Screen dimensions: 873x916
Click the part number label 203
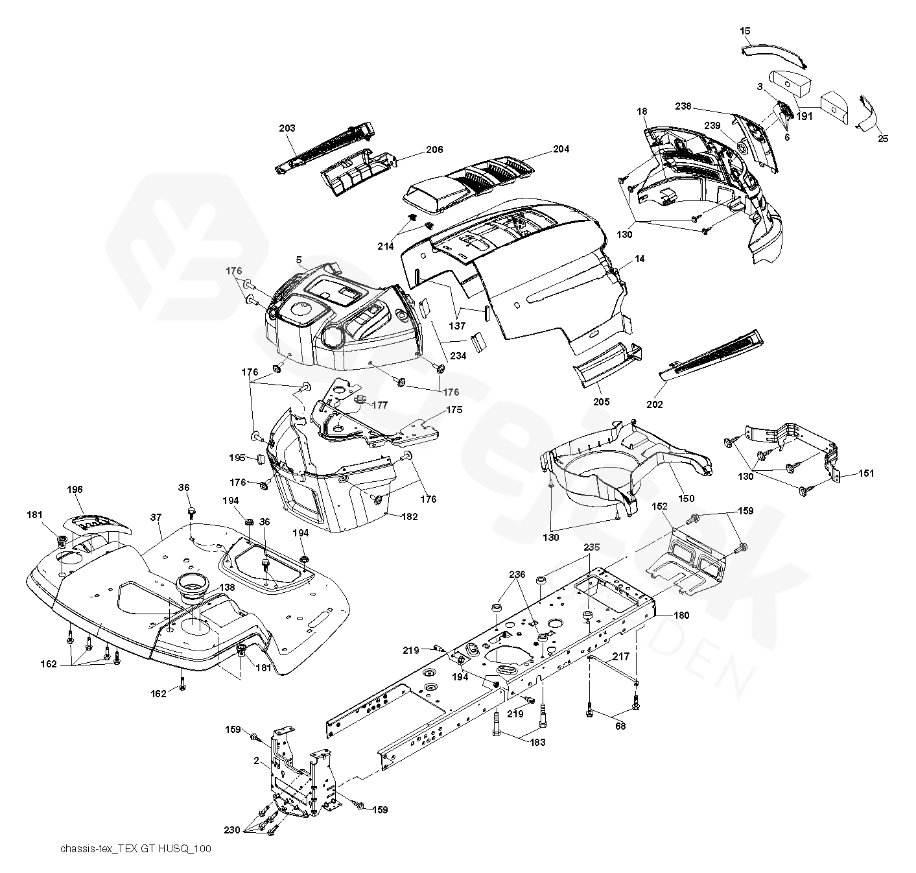coord(287,128)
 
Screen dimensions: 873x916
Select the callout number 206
coord(434,150)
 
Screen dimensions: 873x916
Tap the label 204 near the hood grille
coord(561,149)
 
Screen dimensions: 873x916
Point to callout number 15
coord(745,30)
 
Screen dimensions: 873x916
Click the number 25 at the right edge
coord(883,138)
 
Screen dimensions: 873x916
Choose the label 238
coord(683,105)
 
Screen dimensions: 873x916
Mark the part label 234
coord(458,355)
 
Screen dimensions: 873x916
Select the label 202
coord(655,405)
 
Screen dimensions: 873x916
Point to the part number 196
coord(75,490)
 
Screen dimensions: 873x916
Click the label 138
coord(227,587)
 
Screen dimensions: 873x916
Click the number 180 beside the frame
coord(681,616)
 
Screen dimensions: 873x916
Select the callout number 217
coord(620,656)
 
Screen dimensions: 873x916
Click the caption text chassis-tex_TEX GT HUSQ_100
coord(135,849)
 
